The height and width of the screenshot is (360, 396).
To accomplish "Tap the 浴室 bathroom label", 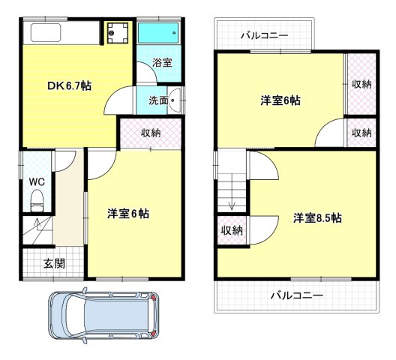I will tap(162, 63).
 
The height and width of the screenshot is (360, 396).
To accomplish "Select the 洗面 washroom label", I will tap(157, 99).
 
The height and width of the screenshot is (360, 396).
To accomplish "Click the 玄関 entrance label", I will tap(53, 263).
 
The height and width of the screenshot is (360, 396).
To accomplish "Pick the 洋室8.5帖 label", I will tap(317, 218).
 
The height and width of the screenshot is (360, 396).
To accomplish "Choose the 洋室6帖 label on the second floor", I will tap(280, 100).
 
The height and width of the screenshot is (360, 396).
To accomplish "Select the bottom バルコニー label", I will tap(297, 295).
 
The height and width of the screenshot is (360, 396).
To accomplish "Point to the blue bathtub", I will tap(158, 34).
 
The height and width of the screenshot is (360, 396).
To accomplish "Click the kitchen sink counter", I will tap(60, 33).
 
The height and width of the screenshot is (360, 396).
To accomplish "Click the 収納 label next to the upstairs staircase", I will tap(232, 230).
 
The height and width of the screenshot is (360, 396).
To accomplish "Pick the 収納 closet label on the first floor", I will tap(150, 133).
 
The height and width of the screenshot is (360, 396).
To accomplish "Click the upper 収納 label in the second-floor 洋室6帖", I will tap(361, 84).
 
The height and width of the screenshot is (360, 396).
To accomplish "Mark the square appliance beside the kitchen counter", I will tap(116, 33).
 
